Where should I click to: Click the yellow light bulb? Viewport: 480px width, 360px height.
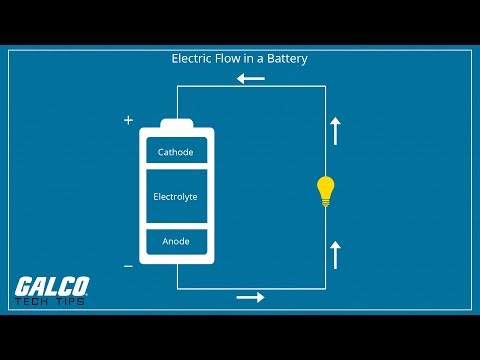(x=325, y=188)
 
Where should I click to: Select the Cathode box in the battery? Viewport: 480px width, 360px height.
(x=176, y=152)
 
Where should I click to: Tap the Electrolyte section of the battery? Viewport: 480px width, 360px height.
(x=176, y=197)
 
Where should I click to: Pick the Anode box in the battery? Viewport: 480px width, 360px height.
(x=176, y=241)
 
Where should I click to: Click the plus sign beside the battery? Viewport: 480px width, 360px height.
(x=128, y=120)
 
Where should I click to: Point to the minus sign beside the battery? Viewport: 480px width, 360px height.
(x=128, y=266)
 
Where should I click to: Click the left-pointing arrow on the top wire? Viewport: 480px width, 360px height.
(x=251, y=78)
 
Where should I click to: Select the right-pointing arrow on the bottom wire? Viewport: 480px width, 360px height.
(x=251, y=297)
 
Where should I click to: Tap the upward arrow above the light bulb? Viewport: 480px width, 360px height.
(x=335, y=131)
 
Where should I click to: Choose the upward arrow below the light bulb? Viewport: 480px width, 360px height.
(x=335, y=254)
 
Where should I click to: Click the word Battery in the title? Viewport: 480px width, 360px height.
(x=286, y=59)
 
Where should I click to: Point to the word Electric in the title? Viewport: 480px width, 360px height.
(x=191, y=59)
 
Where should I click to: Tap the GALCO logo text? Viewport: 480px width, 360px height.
(x=52, y=287)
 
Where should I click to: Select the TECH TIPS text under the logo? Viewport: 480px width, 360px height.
(x=51, y=301)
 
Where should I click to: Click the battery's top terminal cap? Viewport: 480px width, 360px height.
(x=176, y=124)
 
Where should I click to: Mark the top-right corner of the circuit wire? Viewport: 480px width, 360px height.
(x=325, y=87)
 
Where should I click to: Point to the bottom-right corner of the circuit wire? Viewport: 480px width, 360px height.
(x=325, y=288)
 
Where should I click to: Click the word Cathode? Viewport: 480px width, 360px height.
(x=176, y=152)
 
